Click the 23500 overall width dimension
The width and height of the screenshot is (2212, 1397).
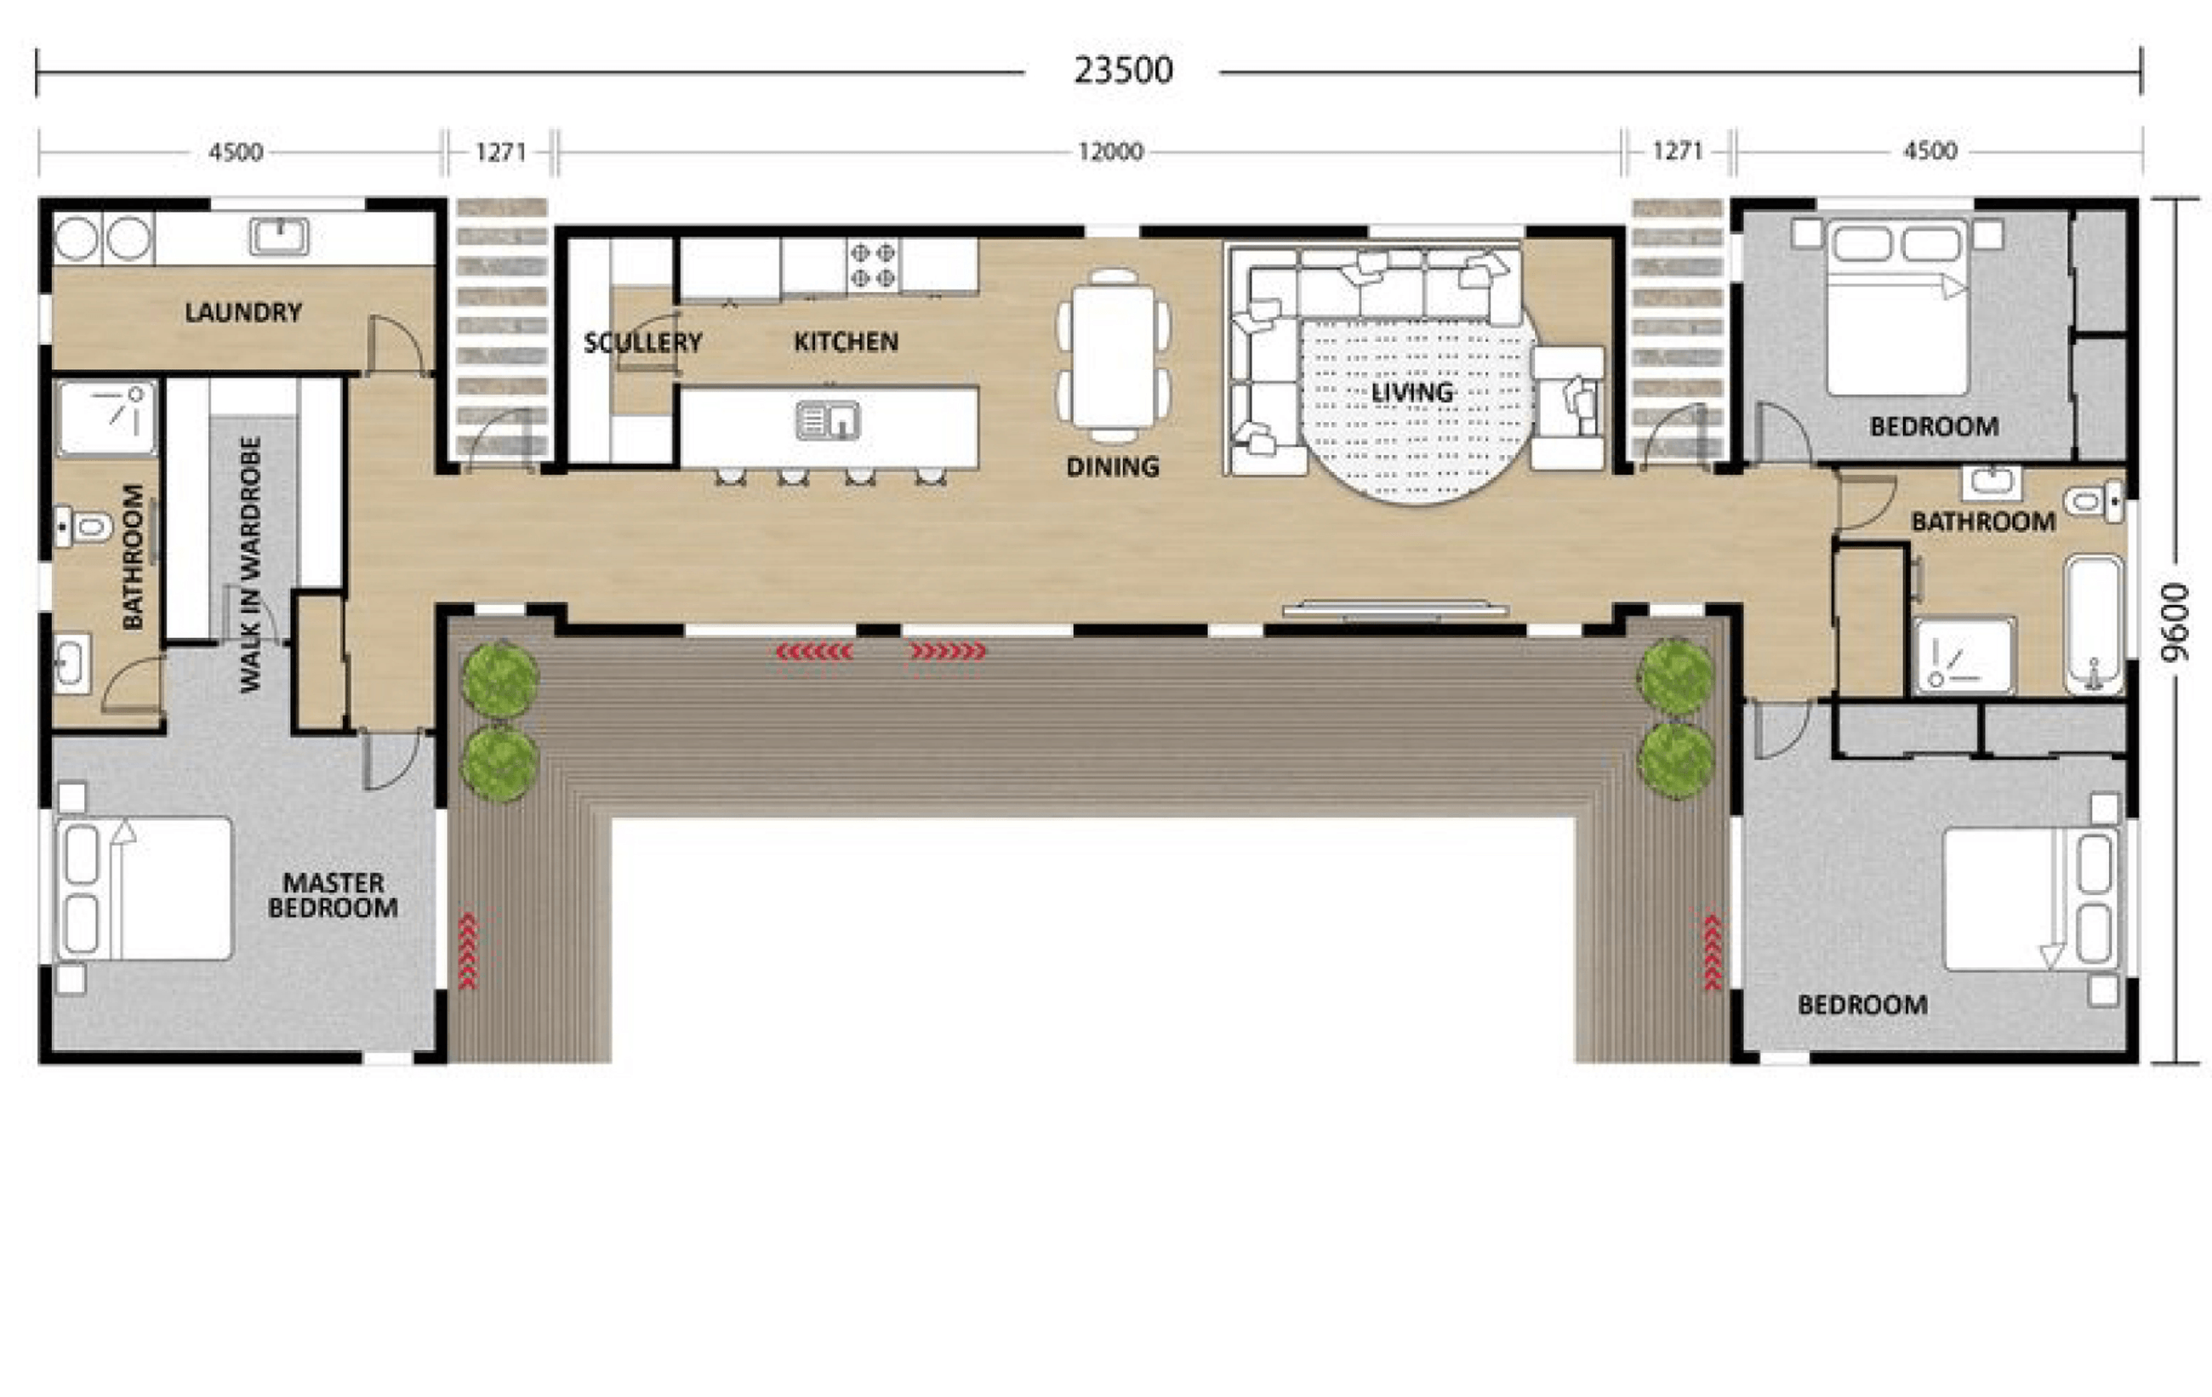pyautogui.click(x=1122, y=71)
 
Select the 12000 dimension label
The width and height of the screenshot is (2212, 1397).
pyautogui.click(x=1109, y=151)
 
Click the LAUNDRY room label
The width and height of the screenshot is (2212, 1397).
pyautogui.click(x=243, y=312)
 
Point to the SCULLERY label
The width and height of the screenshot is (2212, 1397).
pyautogui.click(x=642, y=343)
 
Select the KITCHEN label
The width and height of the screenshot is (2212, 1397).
pyautogui.click(x=845, y=342)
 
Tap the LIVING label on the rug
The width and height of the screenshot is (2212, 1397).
pyautogui.click(x=1412, y=392)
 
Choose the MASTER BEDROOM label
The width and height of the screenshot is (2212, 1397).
pyautogui.click(x=333, y=894)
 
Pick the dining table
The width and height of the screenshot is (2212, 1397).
pyautogui.click(x=1114, y=356)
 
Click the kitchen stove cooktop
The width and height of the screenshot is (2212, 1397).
pyautogui.click(x=872, y=265)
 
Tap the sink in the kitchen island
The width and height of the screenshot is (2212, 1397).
pyautogui.click(x=828, y=420)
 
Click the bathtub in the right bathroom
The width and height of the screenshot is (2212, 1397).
pyautogui.click(x=2095, y=624)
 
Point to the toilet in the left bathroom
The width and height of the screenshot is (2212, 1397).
pyautogui.click(x=83, y=527)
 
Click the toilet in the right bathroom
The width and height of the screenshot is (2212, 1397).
pyautogui.click(x=2094, y=501)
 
